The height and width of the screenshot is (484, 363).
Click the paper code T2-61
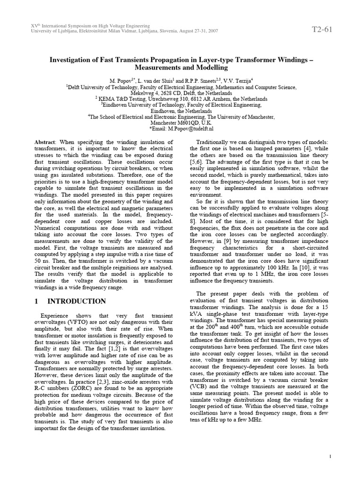[x=322, y=29]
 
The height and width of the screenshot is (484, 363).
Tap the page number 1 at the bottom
[x=329, y=456]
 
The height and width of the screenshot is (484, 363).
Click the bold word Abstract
[x=45, y=142]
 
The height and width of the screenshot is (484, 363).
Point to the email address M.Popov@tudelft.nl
[x=190, y=128]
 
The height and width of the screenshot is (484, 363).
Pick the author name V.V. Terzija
[x=237, y=81]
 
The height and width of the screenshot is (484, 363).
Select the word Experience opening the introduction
[x=55, y=315]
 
